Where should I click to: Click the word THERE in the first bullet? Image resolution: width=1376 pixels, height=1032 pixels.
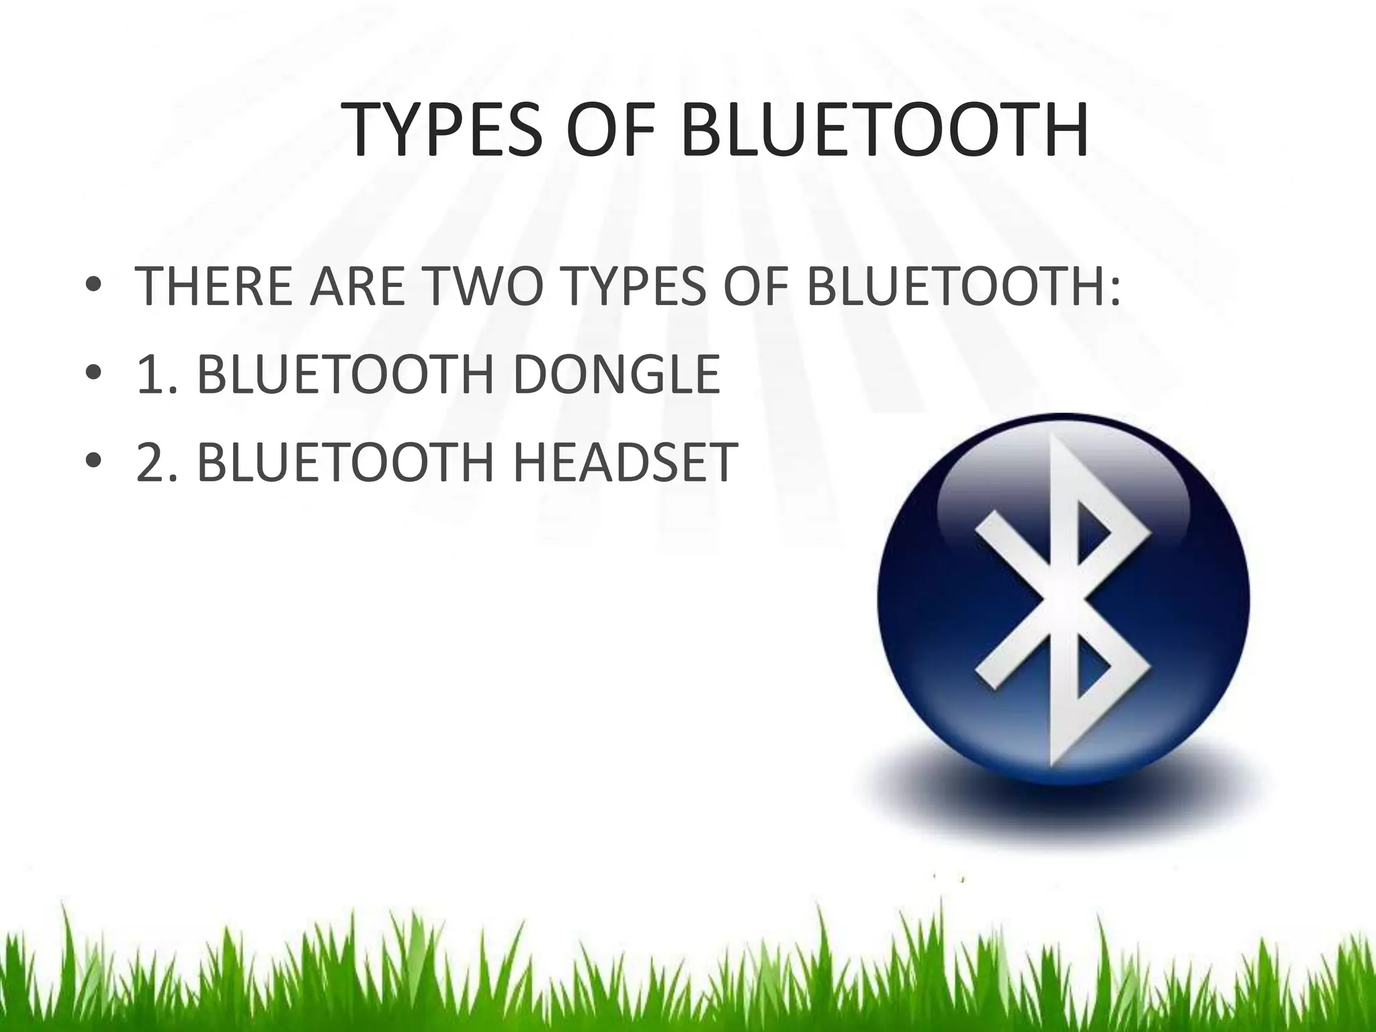(x=214, y=287)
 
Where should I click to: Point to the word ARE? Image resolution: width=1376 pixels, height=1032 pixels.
(x=357, y=287)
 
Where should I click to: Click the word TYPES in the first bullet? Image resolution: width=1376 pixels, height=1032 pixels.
(x=635, y=287)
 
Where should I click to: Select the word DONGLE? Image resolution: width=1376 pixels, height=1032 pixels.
(x=617, y=374)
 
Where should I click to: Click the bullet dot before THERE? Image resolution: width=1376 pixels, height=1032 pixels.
(x=94, y=287)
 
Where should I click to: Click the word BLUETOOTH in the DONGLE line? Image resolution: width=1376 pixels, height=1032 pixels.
(x=346, y=374)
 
